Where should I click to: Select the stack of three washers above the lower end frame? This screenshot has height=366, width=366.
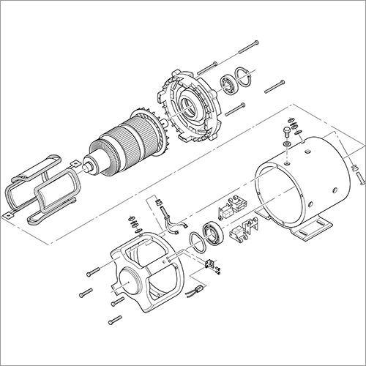pos(133,220)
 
